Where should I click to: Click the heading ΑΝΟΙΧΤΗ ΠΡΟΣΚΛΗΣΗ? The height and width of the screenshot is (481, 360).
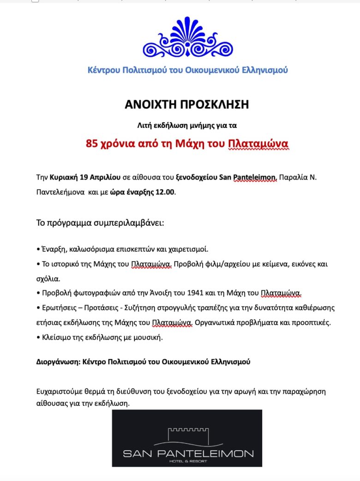pos(187,104)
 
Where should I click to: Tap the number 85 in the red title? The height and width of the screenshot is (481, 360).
pos(92,144)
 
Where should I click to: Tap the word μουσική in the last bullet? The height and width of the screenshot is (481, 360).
pos(149,337)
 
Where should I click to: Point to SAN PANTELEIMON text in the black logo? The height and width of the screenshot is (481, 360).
pos(187,453)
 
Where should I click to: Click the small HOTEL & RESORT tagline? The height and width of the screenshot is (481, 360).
pos(187,461)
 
